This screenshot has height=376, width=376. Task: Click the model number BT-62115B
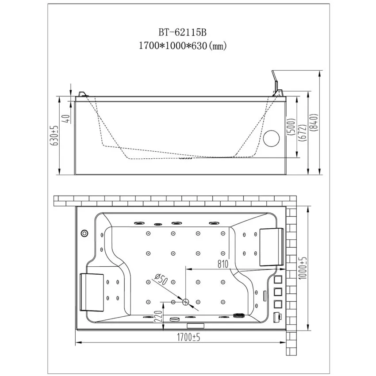182,32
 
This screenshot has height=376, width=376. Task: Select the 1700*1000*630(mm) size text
183,45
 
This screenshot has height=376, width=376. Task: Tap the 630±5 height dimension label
54,135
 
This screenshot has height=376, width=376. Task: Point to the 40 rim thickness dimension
67,119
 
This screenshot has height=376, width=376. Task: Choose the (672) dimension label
303,132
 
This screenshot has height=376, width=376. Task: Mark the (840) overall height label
315,122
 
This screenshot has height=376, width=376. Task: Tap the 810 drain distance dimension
223,264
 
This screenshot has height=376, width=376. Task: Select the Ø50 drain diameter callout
161,280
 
